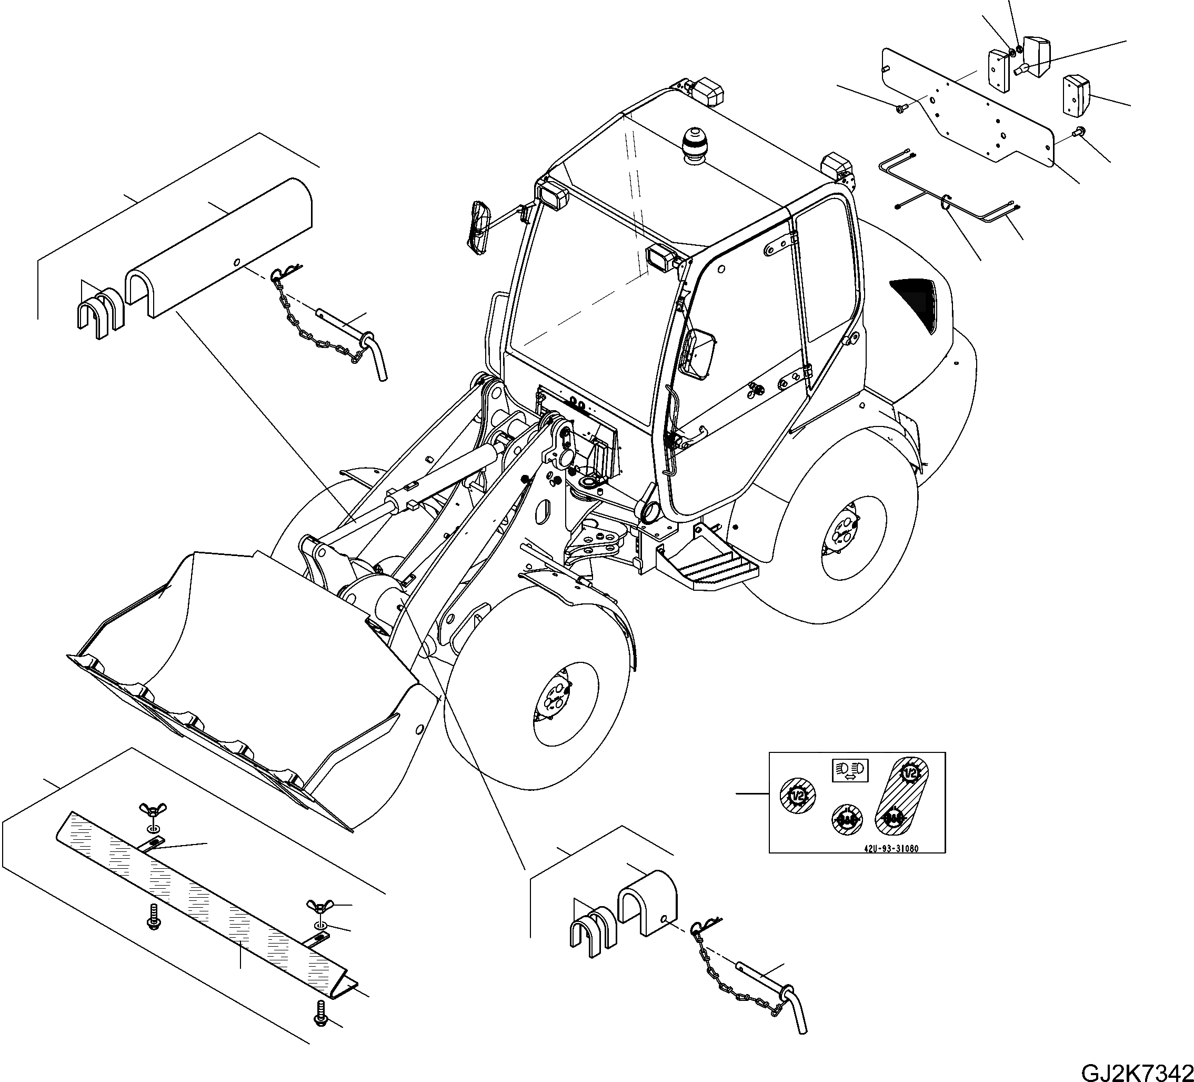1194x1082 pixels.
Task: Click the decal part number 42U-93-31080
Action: [x=890, y=849]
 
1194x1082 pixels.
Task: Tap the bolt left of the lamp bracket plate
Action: [x=901, y=108]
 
